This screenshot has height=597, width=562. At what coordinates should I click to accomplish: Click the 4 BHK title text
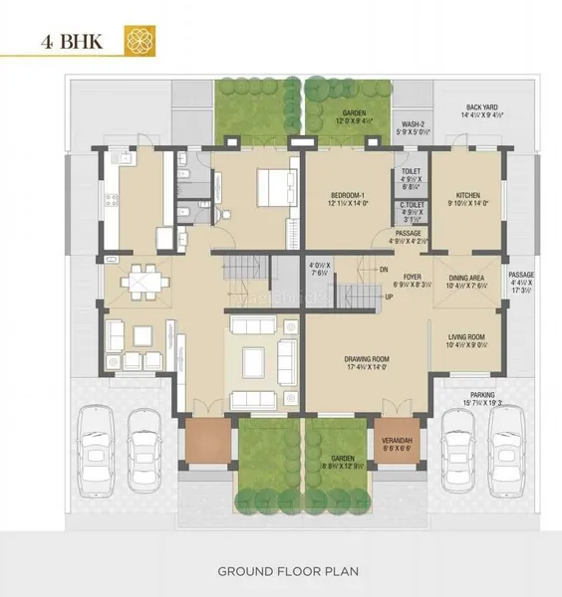75,43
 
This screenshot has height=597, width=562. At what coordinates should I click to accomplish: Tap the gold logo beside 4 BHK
136,41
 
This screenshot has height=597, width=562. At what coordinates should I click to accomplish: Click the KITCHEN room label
469,195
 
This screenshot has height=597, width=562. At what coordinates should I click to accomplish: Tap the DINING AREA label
467,279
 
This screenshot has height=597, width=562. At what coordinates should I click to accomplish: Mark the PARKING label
485,394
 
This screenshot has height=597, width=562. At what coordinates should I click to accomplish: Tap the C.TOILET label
410,204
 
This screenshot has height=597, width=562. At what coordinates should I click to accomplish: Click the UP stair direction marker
388,297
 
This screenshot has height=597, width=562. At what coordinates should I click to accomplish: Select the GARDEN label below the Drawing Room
343,459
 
